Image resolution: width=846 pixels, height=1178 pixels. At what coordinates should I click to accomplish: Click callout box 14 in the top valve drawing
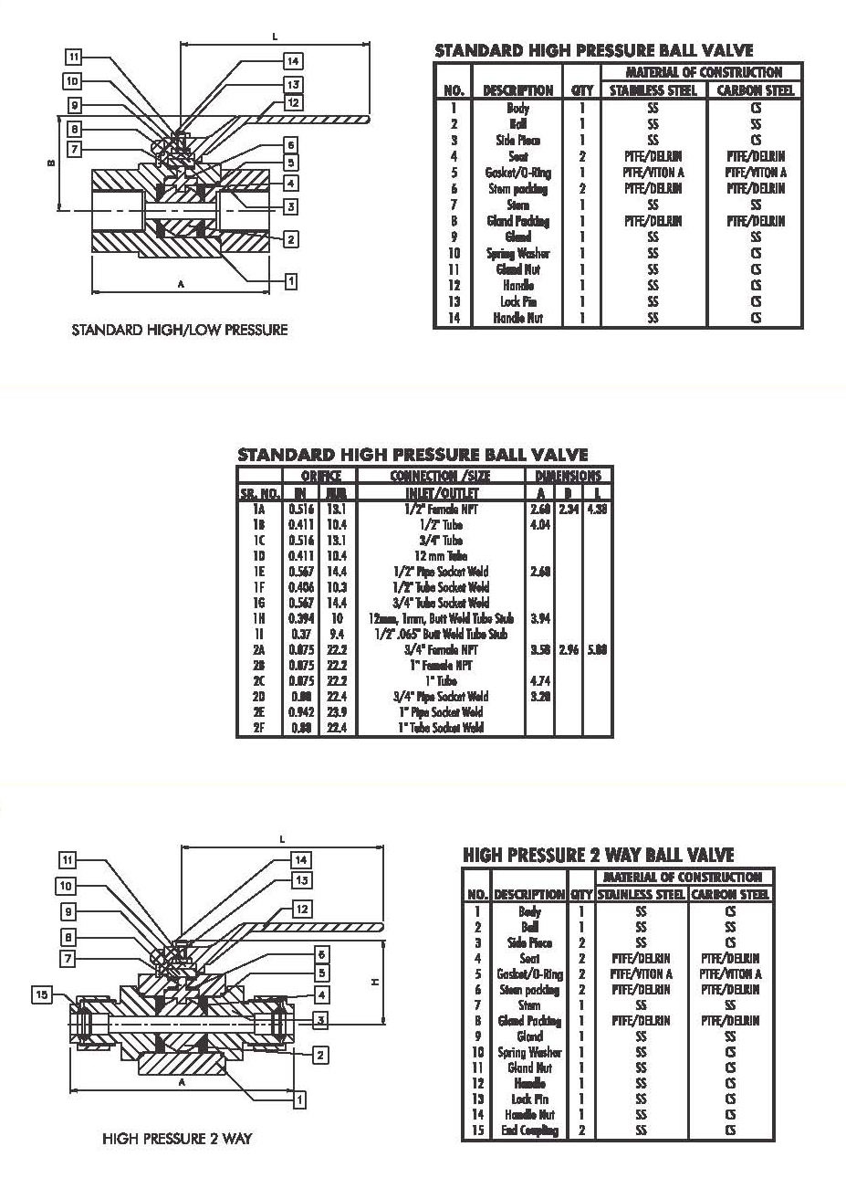tap(292, 61)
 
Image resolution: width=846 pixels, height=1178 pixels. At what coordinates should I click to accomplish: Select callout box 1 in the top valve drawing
tap(290, 281)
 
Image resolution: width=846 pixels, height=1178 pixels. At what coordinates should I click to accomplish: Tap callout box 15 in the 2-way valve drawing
tap(42, 994)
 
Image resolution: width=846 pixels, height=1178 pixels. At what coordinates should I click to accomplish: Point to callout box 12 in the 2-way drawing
tap(302, 909)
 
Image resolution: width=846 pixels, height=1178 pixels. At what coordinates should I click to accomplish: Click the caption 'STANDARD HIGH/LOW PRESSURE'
tap(179, 330)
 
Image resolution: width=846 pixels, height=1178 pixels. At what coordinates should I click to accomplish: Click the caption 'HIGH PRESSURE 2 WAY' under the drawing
tap(177, 1139)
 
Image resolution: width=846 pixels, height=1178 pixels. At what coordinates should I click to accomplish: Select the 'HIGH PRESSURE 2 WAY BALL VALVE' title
tap(598, 855)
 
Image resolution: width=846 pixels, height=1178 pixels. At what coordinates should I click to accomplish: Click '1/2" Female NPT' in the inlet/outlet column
tap(441, 510)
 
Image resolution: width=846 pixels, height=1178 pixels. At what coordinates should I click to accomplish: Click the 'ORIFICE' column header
tap(321, 476)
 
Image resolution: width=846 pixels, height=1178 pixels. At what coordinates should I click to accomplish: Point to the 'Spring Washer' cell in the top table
tap(518, 253)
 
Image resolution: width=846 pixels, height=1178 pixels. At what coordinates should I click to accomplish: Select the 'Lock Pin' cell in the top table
tap(518, 301)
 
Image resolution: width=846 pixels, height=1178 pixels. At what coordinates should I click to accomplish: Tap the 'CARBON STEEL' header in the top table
tap(756, 90)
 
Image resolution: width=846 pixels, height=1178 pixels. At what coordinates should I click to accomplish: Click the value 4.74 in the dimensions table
tap(539, 681)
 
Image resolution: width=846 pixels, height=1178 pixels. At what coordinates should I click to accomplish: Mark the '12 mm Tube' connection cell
tap(441, 556)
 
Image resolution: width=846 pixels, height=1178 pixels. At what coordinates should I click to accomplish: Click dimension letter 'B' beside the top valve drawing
tap(50, 163)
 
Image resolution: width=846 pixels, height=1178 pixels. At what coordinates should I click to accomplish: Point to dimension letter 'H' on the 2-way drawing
tap(374, 982)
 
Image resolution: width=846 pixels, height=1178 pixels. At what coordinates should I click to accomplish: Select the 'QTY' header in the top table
tap(581, 90)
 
